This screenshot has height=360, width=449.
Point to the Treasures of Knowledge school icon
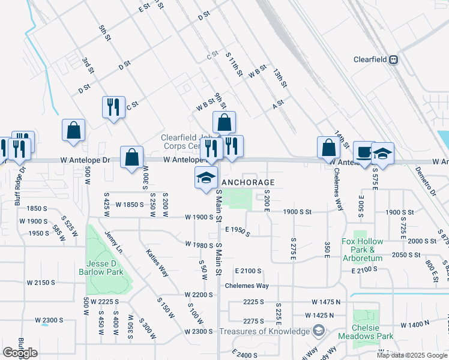pyautogui.click(x=318, y=331)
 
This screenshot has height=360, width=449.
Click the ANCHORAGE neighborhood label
pyautogui.click(x=249, y=182)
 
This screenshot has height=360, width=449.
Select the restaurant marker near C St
pyautogui.click(x=113, y=107)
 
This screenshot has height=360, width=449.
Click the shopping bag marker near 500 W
pyautogui.click(x=73, y=130)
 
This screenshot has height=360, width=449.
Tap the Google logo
pyautogui.click(x=20, y=353)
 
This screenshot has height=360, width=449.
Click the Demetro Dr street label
pyautogui.click(x=426, y=182)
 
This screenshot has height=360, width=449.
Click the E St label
pyautogui.click(x=143, y=8)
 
